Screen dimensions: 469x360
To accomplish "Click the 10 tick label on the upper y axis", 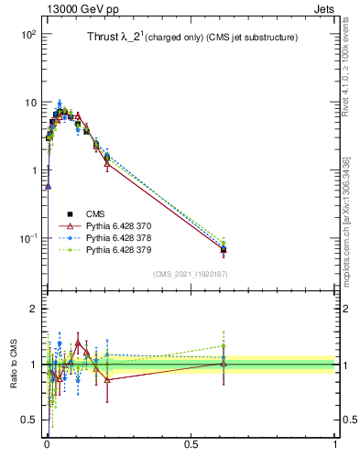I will tap(28, 103).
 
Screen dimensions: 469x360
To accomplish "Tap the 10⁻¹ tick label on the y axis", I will tap(26, 238).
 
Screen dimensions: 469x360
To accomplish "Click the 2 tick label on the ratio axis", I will tap(33, 309).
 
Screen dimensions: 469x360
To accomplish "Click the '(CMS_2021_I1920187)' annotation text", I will tap(190, 274).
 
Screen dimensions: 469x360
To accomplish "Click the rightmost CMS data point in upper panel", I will tap(224, 249).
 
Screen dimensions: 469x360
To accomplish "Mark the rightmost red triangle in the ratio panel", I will tap(224, 363).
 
